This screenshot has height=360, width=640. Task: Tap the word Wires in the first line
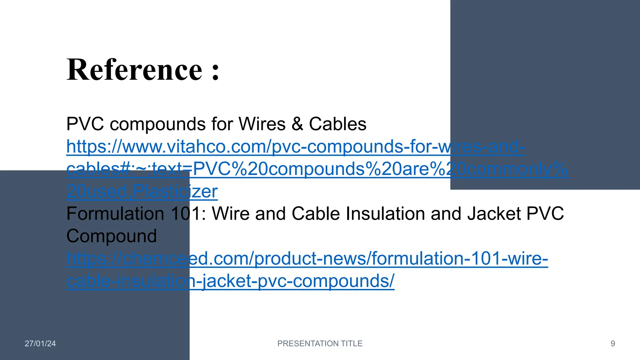[x=262, y=124]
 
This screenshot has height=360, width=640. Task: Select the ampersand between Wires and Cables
[x=297, y=124]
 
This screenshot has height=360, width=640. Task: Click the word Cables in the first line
[x=337, y=124]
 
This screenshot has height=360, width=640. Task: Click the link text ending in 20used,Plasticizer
[x=142, y=191]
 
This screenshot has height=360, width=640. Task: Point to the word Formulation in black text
[x=115, y=214]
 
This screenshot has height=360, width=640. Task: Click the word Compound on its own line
[x=112, y=236]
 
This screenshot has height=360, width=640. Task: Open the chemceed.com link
[x=307, y=259]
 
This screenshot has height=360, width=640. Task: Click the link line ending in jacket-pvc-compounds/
[x=230, y=281]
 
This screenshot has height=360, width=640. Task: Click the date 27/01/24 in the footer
[x=40, y=343]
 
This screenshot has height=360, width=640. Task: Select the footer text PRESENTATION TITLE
[x=320, y=343]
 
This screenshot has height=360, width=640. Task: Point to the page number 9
[x=613, y=343]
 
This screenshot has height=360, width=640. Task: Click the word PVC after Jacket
[x=545, y=214]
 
